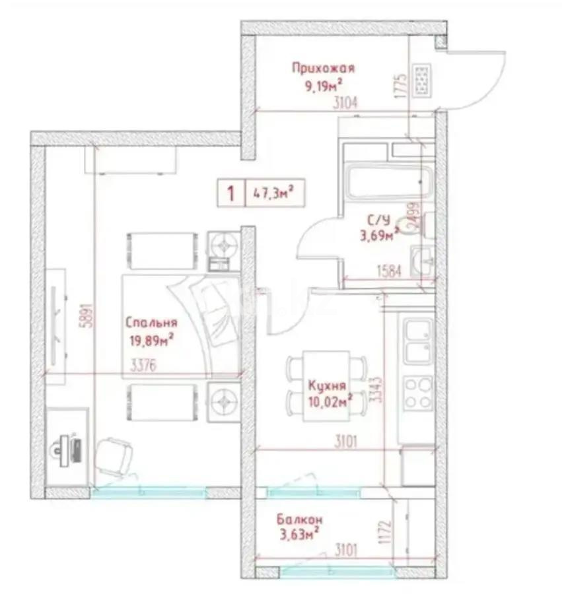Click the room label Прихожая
[x=324, y=67]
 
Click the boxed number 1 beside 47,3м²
[x=231, y=194]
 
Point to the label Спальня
[x=151, y=323]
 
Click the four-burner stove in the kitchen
[x=419, y=393]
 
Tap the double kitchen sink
[x=419, y=341]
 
